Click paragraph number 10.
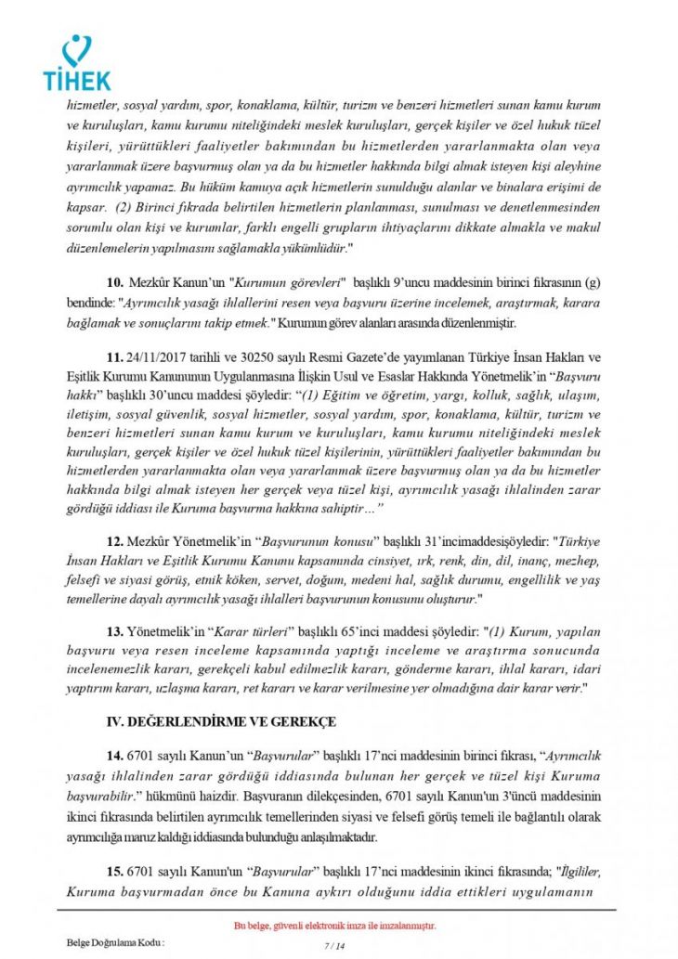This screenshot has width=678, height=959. coord(116,281)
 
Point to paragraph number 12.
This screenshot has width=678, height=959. coord(116,538)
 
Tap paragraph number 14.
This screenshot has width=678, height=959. coord(116,758)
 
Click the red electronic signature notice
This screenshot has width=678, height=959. coord(334,927)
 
